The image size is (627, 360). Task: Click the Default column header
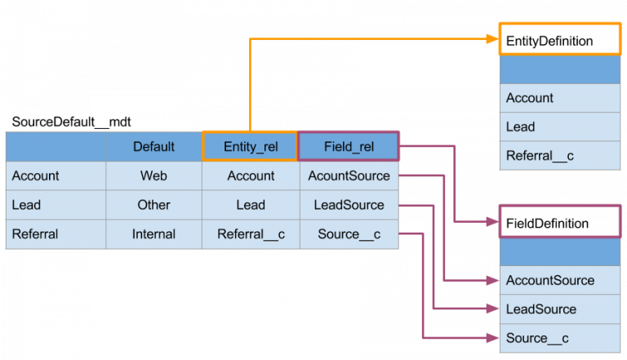point(153,147)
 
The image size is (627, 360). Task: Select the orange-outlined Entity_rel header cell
point(251,147)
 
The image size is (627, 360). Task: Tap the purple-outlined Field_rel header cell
point(349,147)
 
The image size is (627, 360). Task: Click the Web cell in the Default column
point(153,176)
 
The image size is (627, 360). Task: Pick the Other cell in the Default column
point(153,205)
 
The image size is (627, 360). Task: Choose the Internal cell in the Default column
point(153,234)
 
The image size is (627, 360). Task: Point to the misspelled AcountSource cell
point(349,176)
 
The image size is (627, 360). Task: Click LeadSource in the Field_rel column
point(349,205)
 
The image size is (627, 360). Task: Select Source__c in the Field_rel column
point(349,234)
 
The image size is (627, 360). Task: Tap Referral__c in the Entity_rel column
point(251,234)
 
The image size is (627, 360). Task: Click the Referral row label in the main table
point(35,234)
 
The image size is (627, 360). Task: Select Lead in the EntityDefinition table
point(520,127)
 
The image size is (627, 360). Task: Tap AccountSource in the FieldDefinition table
point(549,280)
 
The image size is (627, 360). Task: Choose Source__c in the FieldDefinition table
point(537,338)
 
